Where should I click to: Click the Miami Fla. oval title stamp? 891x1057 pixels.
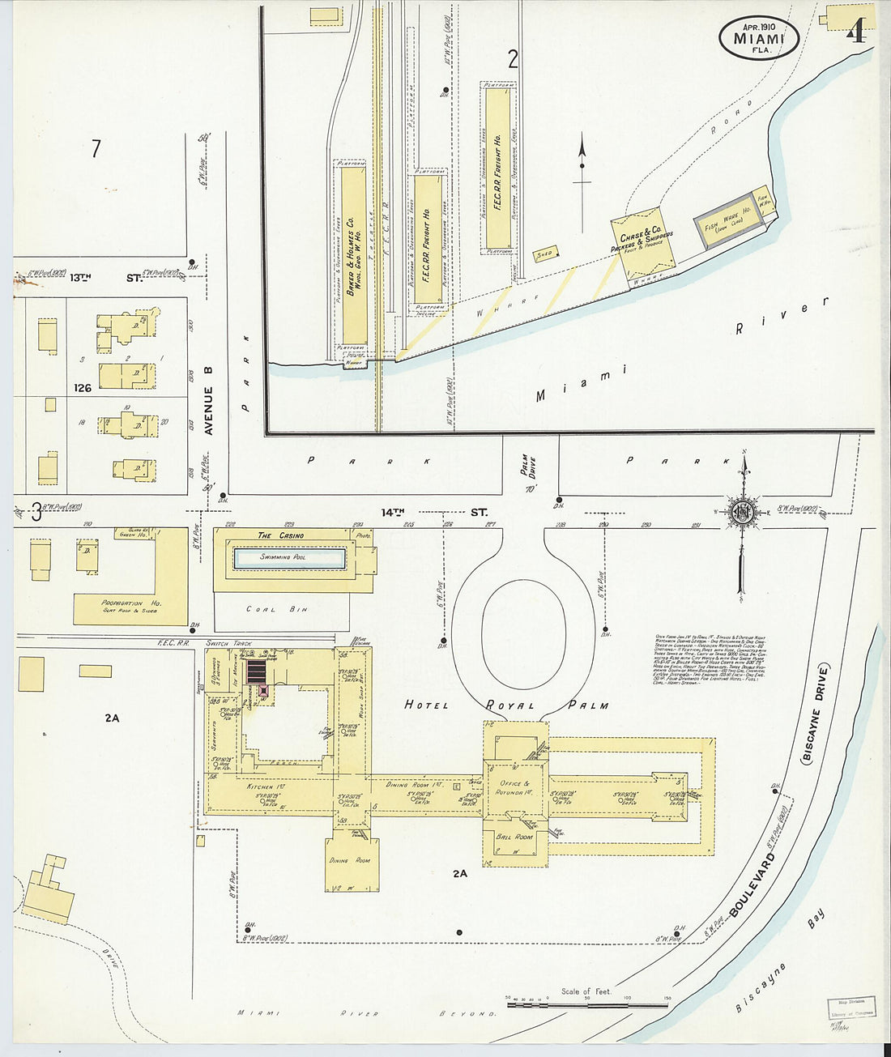click(759, 38)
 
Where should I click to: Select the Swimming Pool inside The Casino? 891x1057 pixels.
click(290, 558)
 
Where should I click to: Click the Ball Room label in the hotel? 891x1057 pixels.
click(515, 836)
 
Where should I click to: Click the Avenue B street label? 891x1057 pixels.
click(208, 401)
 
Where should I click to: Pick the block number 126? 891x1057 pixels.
click(81, 388)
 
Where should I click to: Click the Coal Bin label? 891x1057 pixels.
click(271, 609)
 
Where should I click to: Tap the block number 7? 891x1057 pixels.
click(96, 149)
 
